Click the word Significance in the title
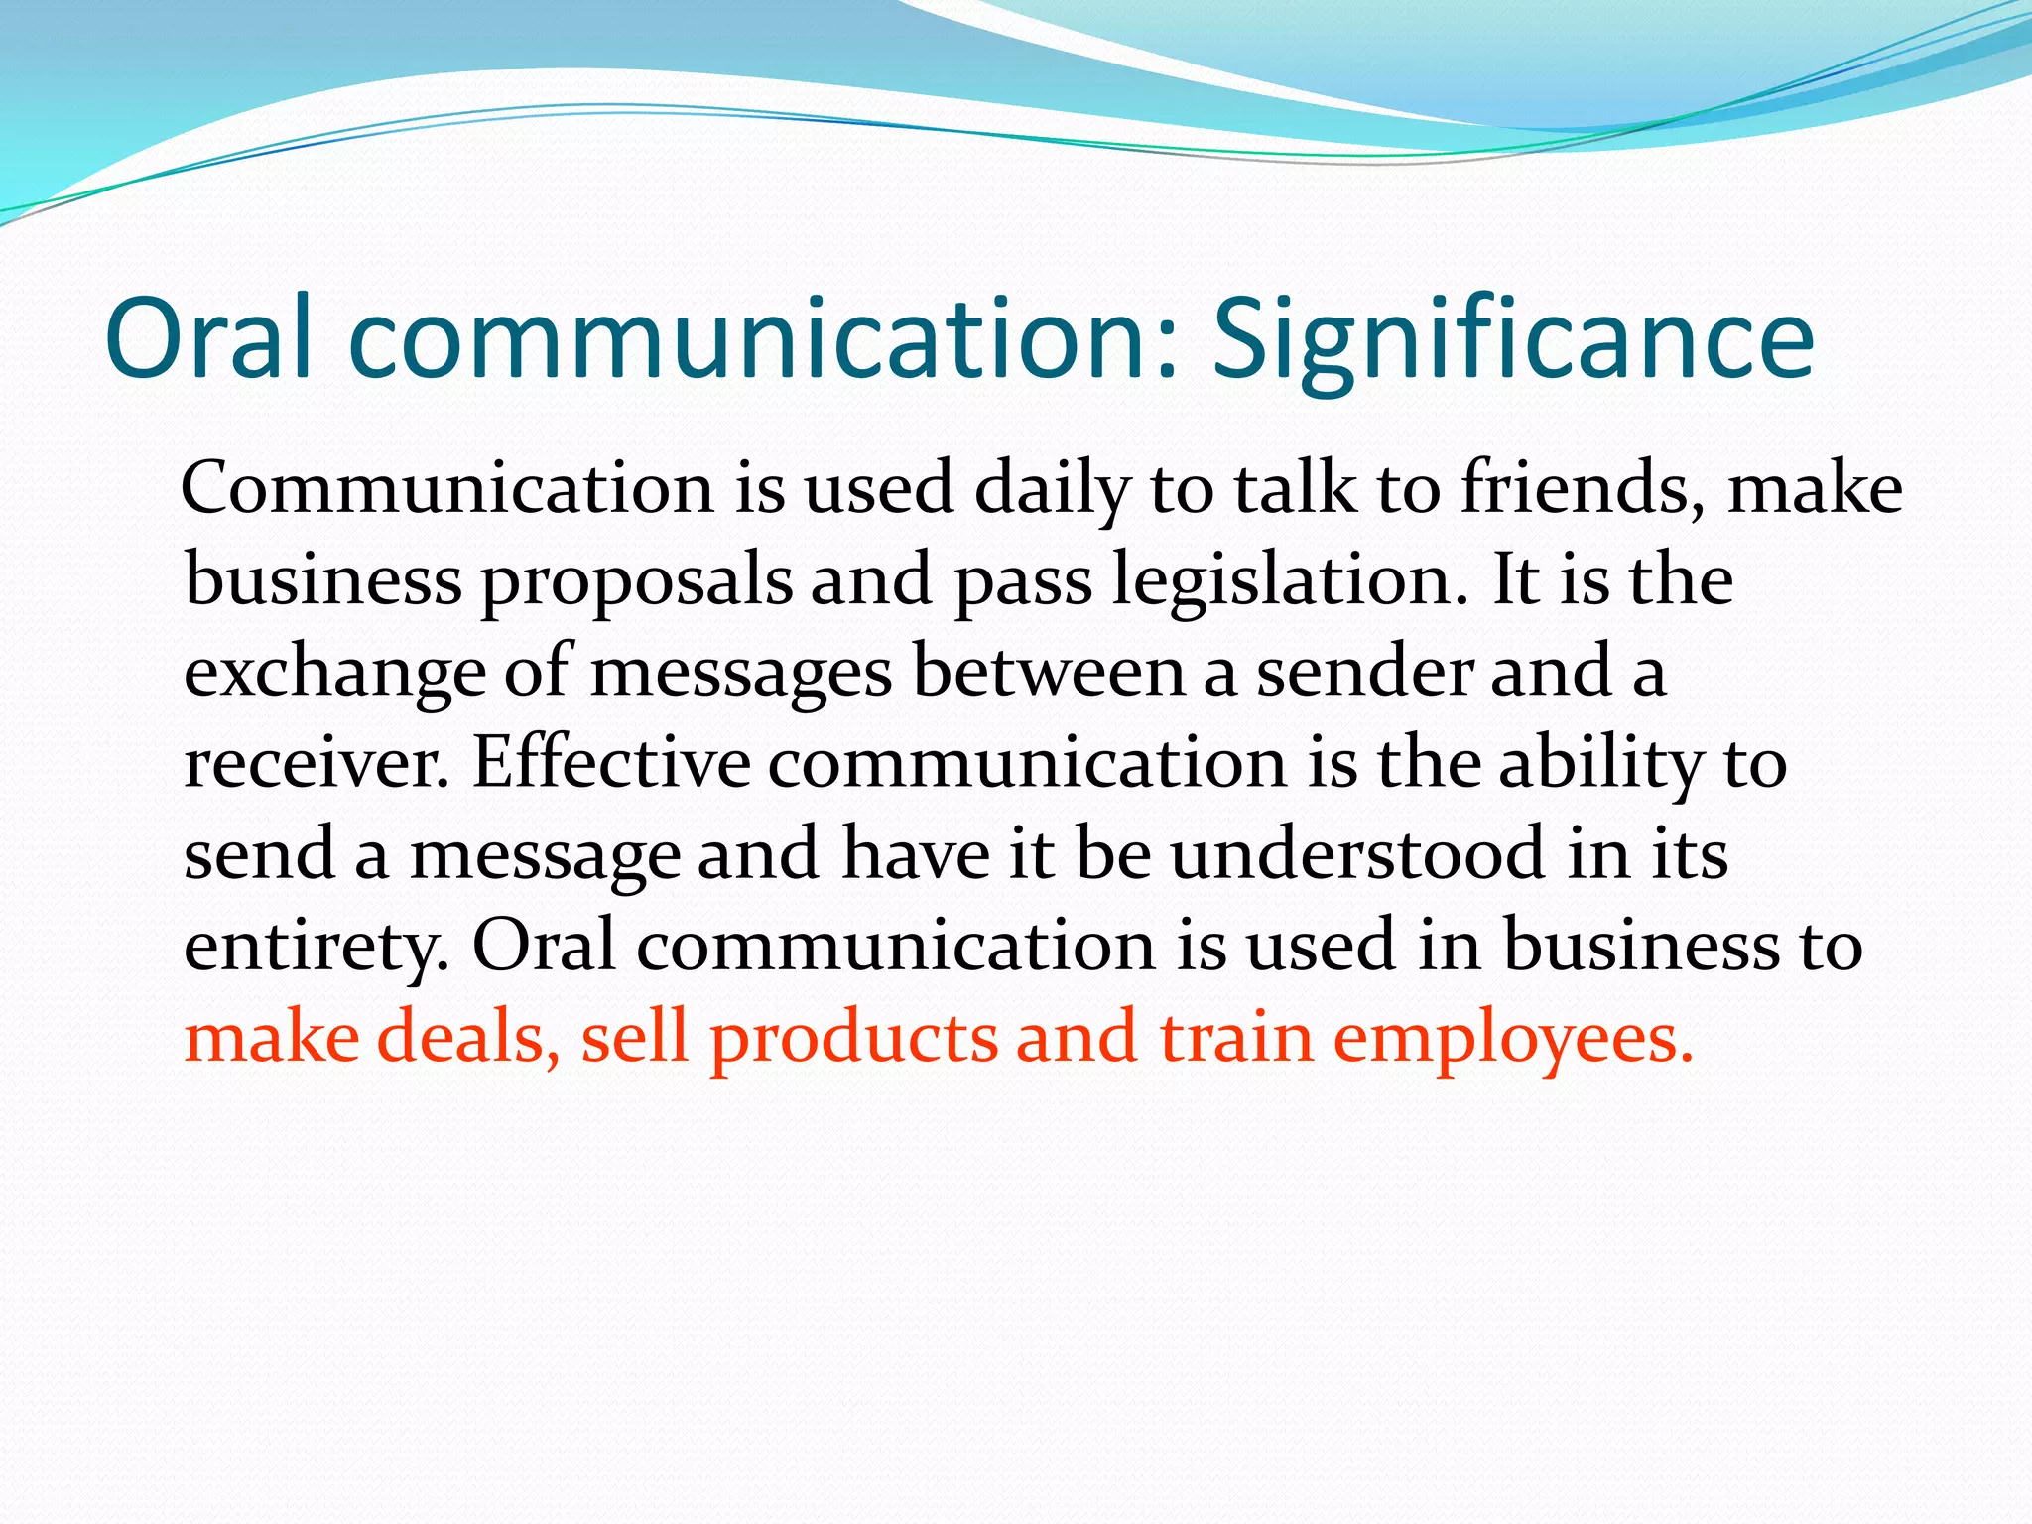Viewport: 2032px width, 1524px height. pyautogui.click(x=1513, y=339)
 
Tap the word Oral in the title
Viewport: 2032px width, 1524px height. pyautogui.click(x=208, y=339)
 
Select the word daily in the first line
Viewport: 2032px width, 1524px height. pyautogui.click(x=1052, y=489)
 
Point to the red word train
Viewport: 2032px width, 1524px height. pyautogui.click(x=1235, y=1037)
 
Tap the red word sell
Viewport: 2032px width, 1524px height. pyautogui.click(x=634, y=1037)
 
